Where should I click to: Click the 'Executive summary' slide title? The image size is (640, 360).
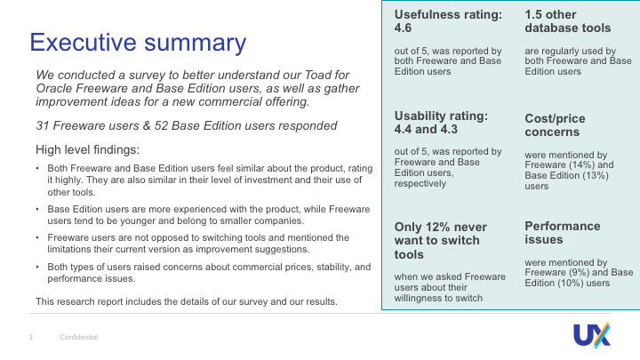(x=138, y=43)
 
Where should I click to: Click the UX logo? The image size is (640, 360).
(x=592, y=335)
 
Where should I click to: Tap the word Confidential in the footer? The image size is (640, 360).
(x=79, y=337)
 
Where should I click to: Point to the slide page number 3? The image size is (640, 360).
(x=30, y=337)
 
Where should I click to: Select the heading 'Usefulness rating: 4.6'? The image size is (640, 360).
(x=448, y=21)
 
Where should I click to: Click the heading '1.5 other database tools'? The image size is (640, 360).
(x=568, y=21)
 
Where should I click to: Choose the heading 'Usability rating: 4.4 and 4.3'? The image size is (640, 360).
(x=441, y=123)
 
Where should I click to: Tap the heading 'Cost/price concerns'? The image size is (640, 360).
(x=555, y=125)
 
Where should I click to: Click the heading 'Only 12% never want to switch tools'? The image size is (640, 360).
(x=440, y=241)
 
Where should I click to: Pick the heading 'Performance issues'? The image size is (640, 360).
(x=563, y=233)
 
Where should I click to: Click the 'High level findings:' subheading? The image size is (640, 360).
(x=87, y=150)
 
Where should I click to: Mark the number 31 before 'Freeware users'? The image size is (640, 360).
(x=43, y=125)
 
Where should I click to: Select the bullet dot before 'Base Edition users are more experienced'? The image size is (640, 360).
(x=37, y=209)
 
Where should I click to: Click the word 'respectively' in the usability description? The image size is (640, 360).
(x=420, y=184)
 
